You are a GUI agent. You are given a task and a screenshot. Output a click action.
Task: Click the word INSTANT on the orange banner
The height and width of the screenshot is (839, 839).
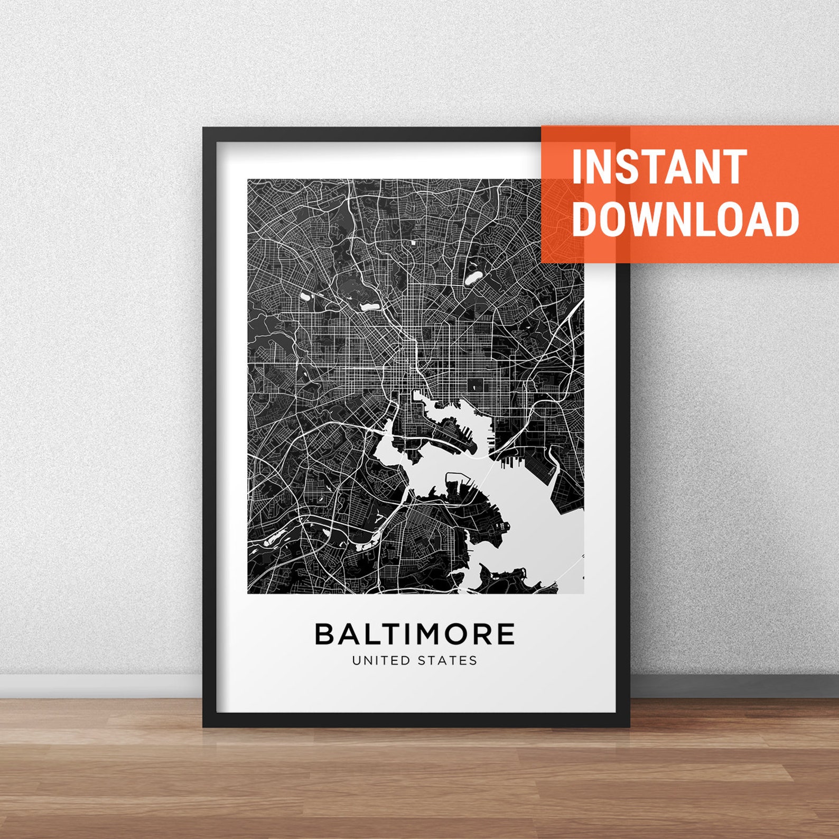coord(659,167)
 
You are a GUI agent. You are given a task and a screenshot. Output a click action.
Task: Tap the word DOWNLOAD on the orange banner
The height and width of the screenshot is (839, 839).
coord(685,219)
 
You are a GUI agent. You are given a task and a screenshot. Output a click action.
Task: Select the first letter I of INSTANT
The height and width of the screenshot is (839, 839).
coord(578,167)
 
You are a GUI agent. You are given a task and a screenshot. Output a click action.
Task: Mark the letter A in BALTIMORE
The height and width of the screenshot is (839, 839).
coord(350,634)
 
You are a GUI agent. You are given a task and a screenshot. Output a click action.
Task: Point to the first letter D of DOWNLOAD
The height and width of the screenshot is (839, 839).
coord(586,219)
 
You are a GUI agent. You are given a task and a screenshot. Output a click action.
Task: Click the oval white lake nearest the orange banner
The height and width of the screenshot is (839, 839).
coord(473,277)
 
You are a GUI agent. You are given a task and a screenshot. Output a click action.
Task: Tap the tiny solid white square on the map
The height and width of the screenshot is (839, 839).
coord(413,242)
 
